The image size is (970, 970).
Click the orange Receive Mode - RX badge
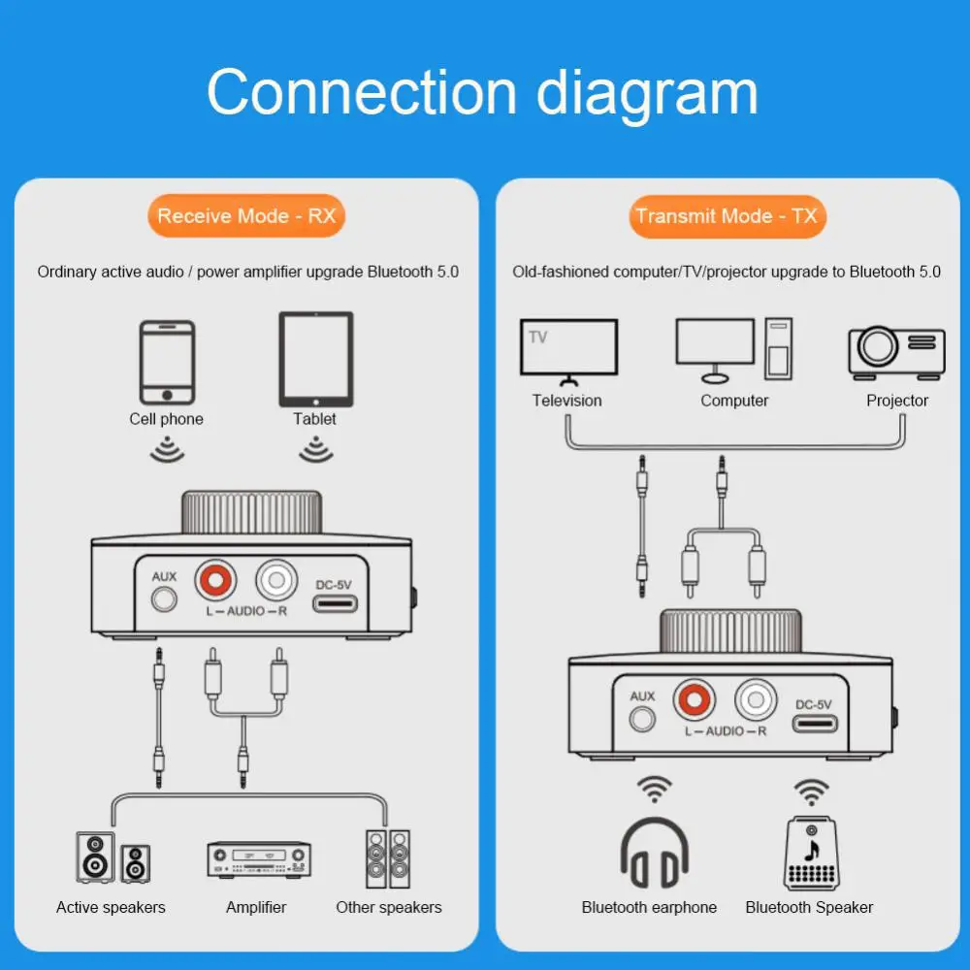pos(246,216)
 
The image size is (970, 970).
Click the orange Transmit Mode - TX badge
pos(727,216)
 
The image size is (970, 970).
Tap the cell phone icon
pos(167,363)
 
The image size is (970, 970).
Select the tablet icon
pos(315,359)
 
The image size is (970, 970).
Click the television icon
pos(568,348)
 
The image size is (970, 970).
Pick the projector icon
pos(896,352)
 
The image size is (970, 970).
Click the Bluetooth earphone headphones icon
pos(655,853)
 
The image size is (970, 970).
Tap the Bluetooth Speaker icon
pos(810,853)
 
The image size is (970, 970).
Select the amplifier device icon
pos(258,859)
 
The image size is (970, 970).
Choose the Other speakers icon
pos(388,858)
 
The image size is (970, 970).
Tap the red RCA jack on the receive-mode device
pos(216,582)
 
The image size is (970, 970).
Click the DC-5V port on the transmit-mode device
pos(815,724)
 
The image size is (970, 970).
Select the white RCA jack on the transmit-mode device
pos(756,700)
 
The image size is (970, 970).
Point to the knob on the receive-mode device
pos(251,513)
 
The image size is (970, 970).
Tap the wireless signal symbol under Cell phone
pos(167,450)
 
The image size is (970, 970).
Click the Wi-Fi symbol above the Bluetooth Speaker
pos(810,791)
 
